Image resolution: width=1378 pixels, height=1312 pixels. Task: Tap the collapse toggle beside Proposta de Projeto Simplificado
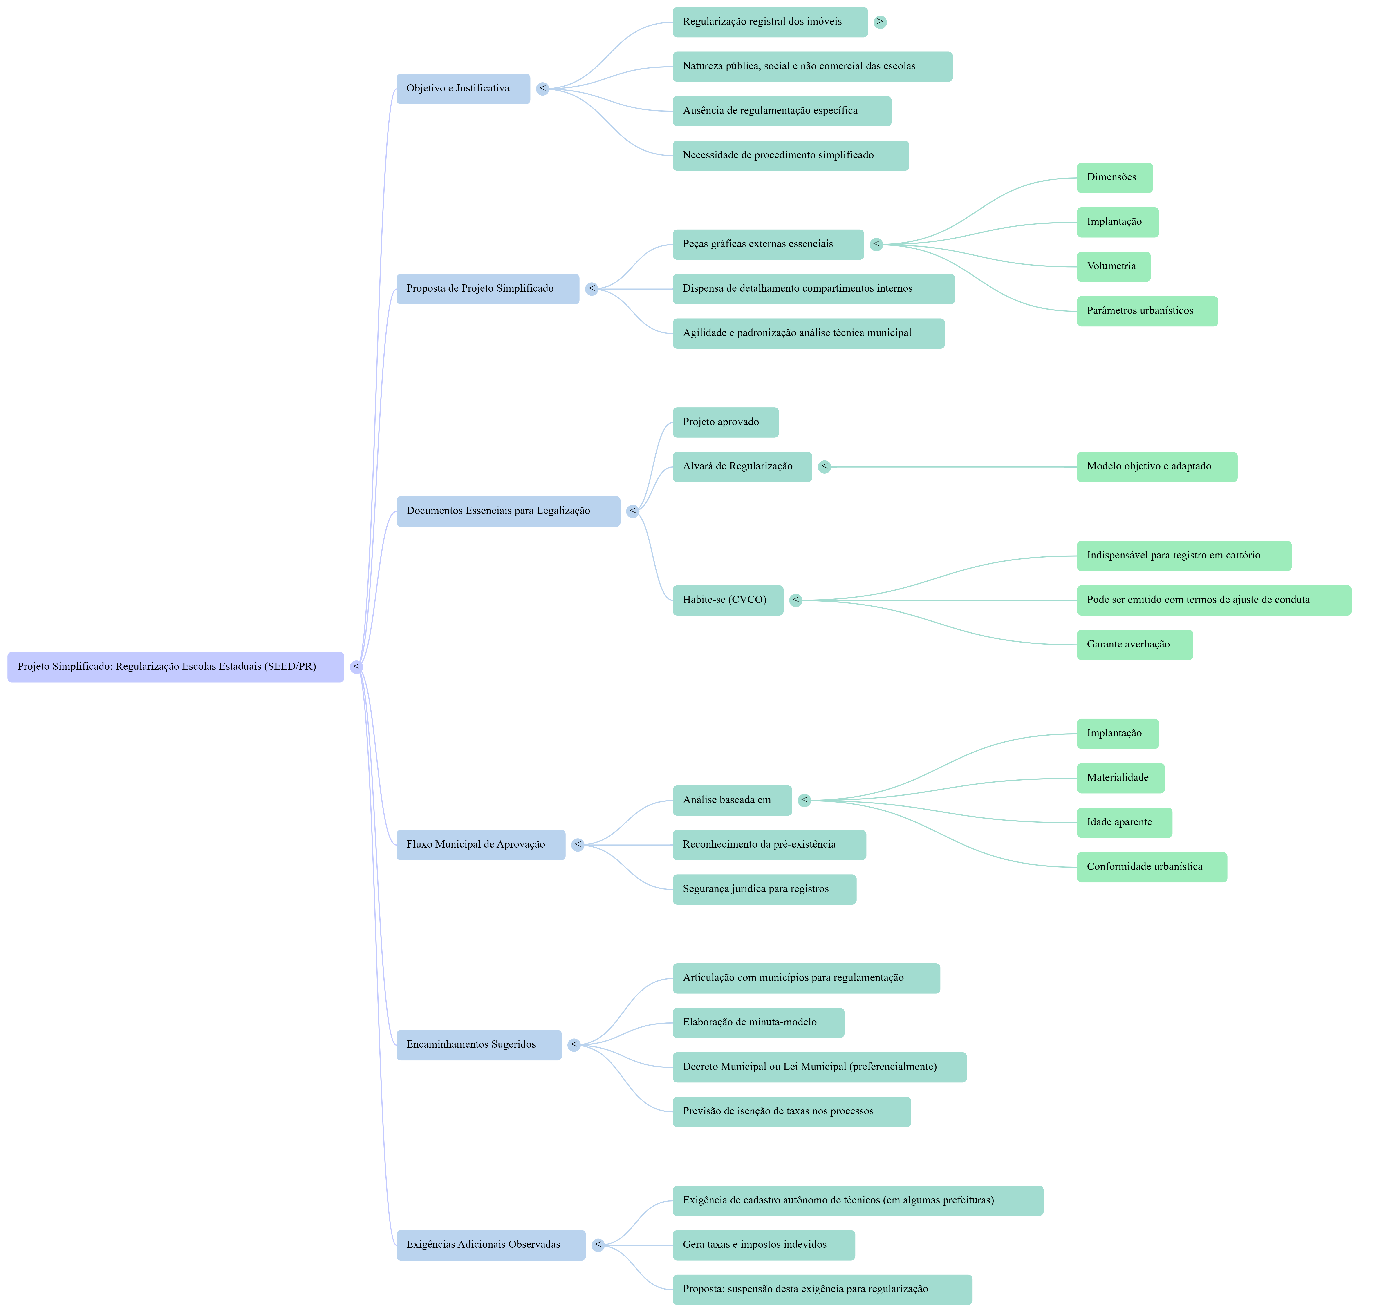pyautogui.click(x=592, y=289)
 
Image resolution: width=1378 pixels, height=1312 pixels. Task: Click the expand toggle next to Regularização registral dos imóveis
pyautogui.click(x=880, y=22)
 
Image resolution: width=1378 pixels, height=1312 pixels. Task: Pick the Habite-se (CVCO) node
pyautogui.click(x=728, y=600)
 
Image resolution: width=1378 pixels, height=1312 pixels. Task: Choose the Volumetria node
pyautogui.click(x=1113, y=266)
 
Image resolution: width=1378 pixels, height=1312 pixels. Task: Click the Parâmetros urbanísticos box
pyautogui.click(x=1147, y=311)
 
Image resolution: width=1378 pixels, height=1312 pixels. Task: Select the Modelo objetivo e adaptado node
pyautogui.click(x=1156, y=466)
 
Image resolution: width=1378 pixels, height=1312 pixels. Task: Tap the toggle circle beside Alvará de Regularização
pyautogui.click(x=825, y=466)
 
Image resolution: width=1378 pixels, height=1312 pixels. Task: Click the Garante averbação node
pyautogui.click(x=1134, y=645)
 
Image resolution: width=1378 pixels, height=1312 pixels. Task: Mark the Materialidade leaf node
pyautogui.click(x=1120, y=778)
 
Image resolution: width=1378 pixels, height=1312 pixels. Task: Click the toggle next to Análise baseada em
pyautogui.click(x=804, y=800)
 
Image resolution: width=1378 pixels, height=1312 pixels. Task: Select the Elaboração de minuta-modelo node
pyautogui.click(x=758, y=1022)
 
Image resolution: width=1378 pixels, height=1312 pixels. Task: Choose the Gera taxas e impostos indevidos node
pyautogui.click(x=763, y=1245)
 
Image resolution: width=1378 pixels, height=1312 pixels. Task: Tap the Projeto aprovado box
pyautogui.click(x=725, y=422)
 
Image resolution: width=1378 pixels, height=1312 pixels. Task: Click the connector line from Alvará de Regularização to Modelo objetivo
pyautogui.click(x=951, y=466)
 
